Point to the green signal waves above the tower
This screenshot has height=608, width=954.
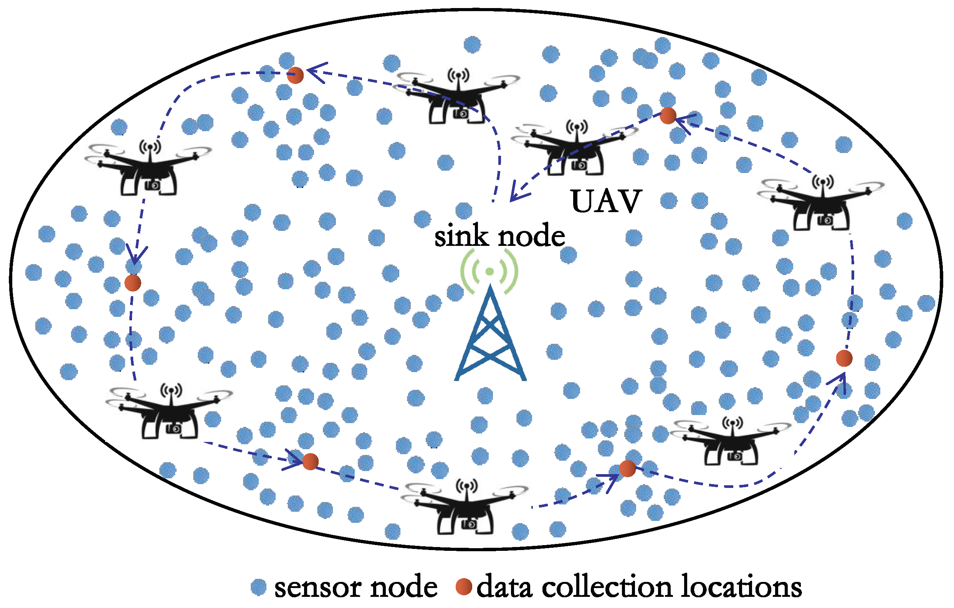tap(489, 271)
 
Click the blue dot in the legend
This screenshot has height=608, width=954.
tap(259, 587)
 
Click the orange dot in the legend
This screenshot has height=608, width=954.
tap(463, 587)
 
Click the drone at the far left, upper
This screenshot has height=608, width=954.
tap(149, 168)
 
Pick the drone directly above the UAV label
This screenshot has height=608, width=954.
tap(575, 148)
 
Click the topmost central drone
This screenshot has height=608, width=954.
tap(458, 97)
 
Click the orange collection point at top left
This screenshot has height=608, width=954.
tap(295, 75)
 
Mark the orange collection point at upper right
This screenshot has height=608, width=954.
tap(668, 115)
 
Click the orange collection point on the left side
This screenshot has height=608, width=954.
tap(133, 283)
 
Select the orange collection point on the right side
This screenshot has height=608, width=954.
tap(844, 358)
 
